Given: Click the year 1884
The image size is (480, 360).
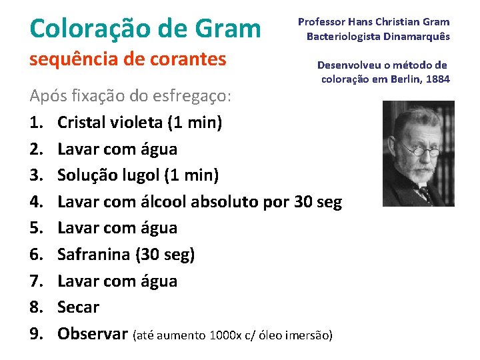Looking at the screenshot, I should [437, 79].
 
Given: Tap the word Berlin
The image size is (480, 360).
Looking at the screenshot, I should [403, 79].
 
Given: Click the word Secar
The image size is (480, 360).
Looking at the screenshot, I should [78, 307].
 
